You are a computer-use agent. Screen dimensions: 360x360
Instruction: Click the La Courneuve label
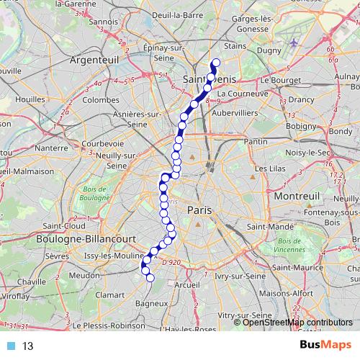[243, 94]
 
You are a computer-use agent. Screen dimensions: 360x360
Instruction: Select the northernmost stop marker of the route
[215, 62]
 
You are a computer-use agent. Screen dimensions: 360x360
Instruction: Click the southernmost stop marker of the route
[150, 278]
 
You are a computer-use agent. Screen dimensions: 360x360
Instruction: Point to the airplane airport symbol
[294, 42]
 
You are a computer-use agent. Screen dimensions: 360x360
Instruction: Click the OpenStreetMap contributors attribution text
[297, 322]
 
